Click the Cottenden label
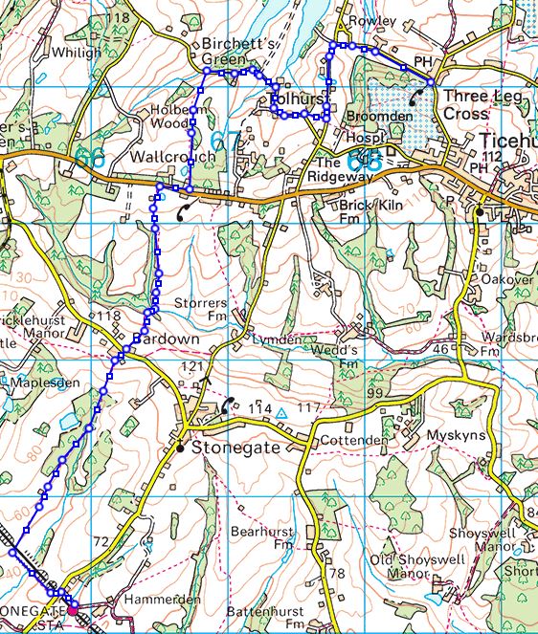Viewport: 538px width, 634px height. tap(354, 441)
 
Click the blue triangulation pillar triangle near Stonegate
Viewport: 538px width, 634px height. tap(280, 414)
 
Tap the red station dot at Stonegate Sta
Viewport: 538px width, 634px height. tap(73, 603)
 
